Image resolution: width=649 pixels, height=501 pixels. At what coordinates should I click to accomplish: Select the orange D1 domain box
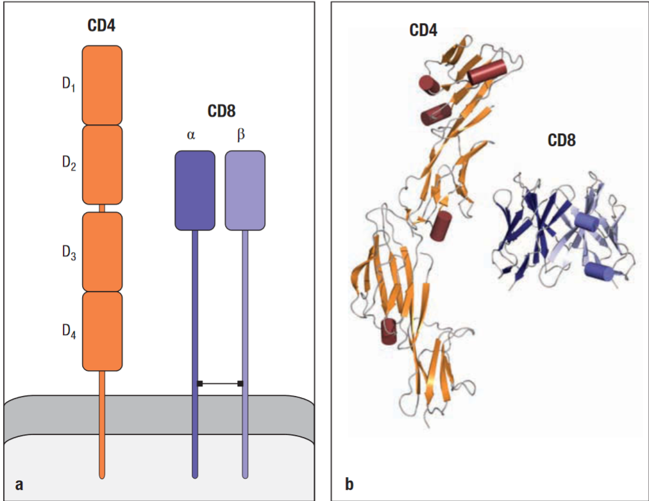tap(102, 85)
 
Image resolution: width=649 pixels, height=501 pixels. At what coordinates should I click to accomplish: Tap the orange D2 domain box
tap(102, 165)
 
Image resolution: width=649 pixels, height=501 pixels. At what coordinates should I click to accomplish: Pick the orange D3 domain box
tap(102, 251)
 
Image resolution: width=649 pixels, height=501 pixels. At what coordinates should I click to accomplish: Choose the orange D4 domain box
tap(102, 331)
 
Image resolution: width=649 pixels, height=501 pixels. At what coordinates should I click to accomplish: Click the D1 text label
tap(69, 86)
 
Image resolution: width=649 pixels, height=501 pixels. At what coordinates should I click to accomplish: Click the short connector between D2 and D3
tap(102, 208)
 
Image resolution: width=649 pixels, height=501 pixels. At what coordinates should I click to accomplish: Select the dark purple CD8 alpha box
tap(195, 190)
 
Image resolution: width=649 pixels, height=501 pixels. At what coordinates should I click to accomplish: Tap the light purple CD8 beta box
tap(245, 190)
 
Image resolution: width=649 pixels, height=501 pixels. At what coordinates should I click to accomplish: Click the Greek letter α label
tap(191, 136)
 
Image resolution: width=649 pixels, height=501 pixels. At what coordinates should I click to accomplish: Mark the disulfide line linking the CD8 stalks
tap(220, 384)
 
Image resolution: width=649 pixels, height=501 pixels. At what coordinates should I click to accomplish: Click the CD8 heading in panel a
tap(221, 111)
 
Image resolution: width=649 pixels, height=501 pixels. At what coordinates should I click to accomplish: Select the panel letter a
tap(19, 484)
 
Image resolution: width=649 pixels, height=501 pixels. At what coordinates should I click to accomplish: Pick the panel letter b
tap(349, 484)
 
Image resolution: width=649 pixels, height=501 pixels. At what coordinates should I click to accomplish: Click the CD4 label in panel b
tap(423, 29)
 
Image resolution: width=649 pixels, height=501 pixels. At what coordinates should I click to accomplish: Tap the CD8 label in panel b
tap(561, 140)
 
